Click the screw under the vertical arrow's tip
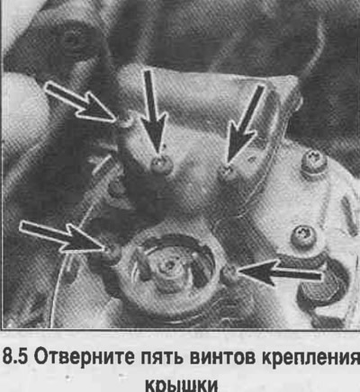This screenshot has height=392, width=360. [x=161, y=165]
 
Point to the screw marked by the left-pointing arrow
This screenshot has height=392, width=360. [x=230, y=274]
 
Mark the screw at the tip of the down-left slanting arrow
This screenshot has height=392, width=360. [x=228, y=174]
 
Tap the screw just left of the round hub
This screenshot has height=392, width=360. [x=112, y=254]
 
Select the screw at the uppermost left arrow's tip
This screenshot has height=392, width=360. [x=126, y=122]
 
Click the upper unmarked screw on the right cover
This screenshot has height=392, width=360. [x=313, y=164]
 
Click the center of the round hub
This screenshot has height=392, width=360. [x=166, y=267]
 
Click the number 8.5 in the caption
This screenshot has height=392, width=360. [x=15, y=357]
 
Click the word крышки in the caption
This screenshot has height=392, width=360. [x=181, y=385]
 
